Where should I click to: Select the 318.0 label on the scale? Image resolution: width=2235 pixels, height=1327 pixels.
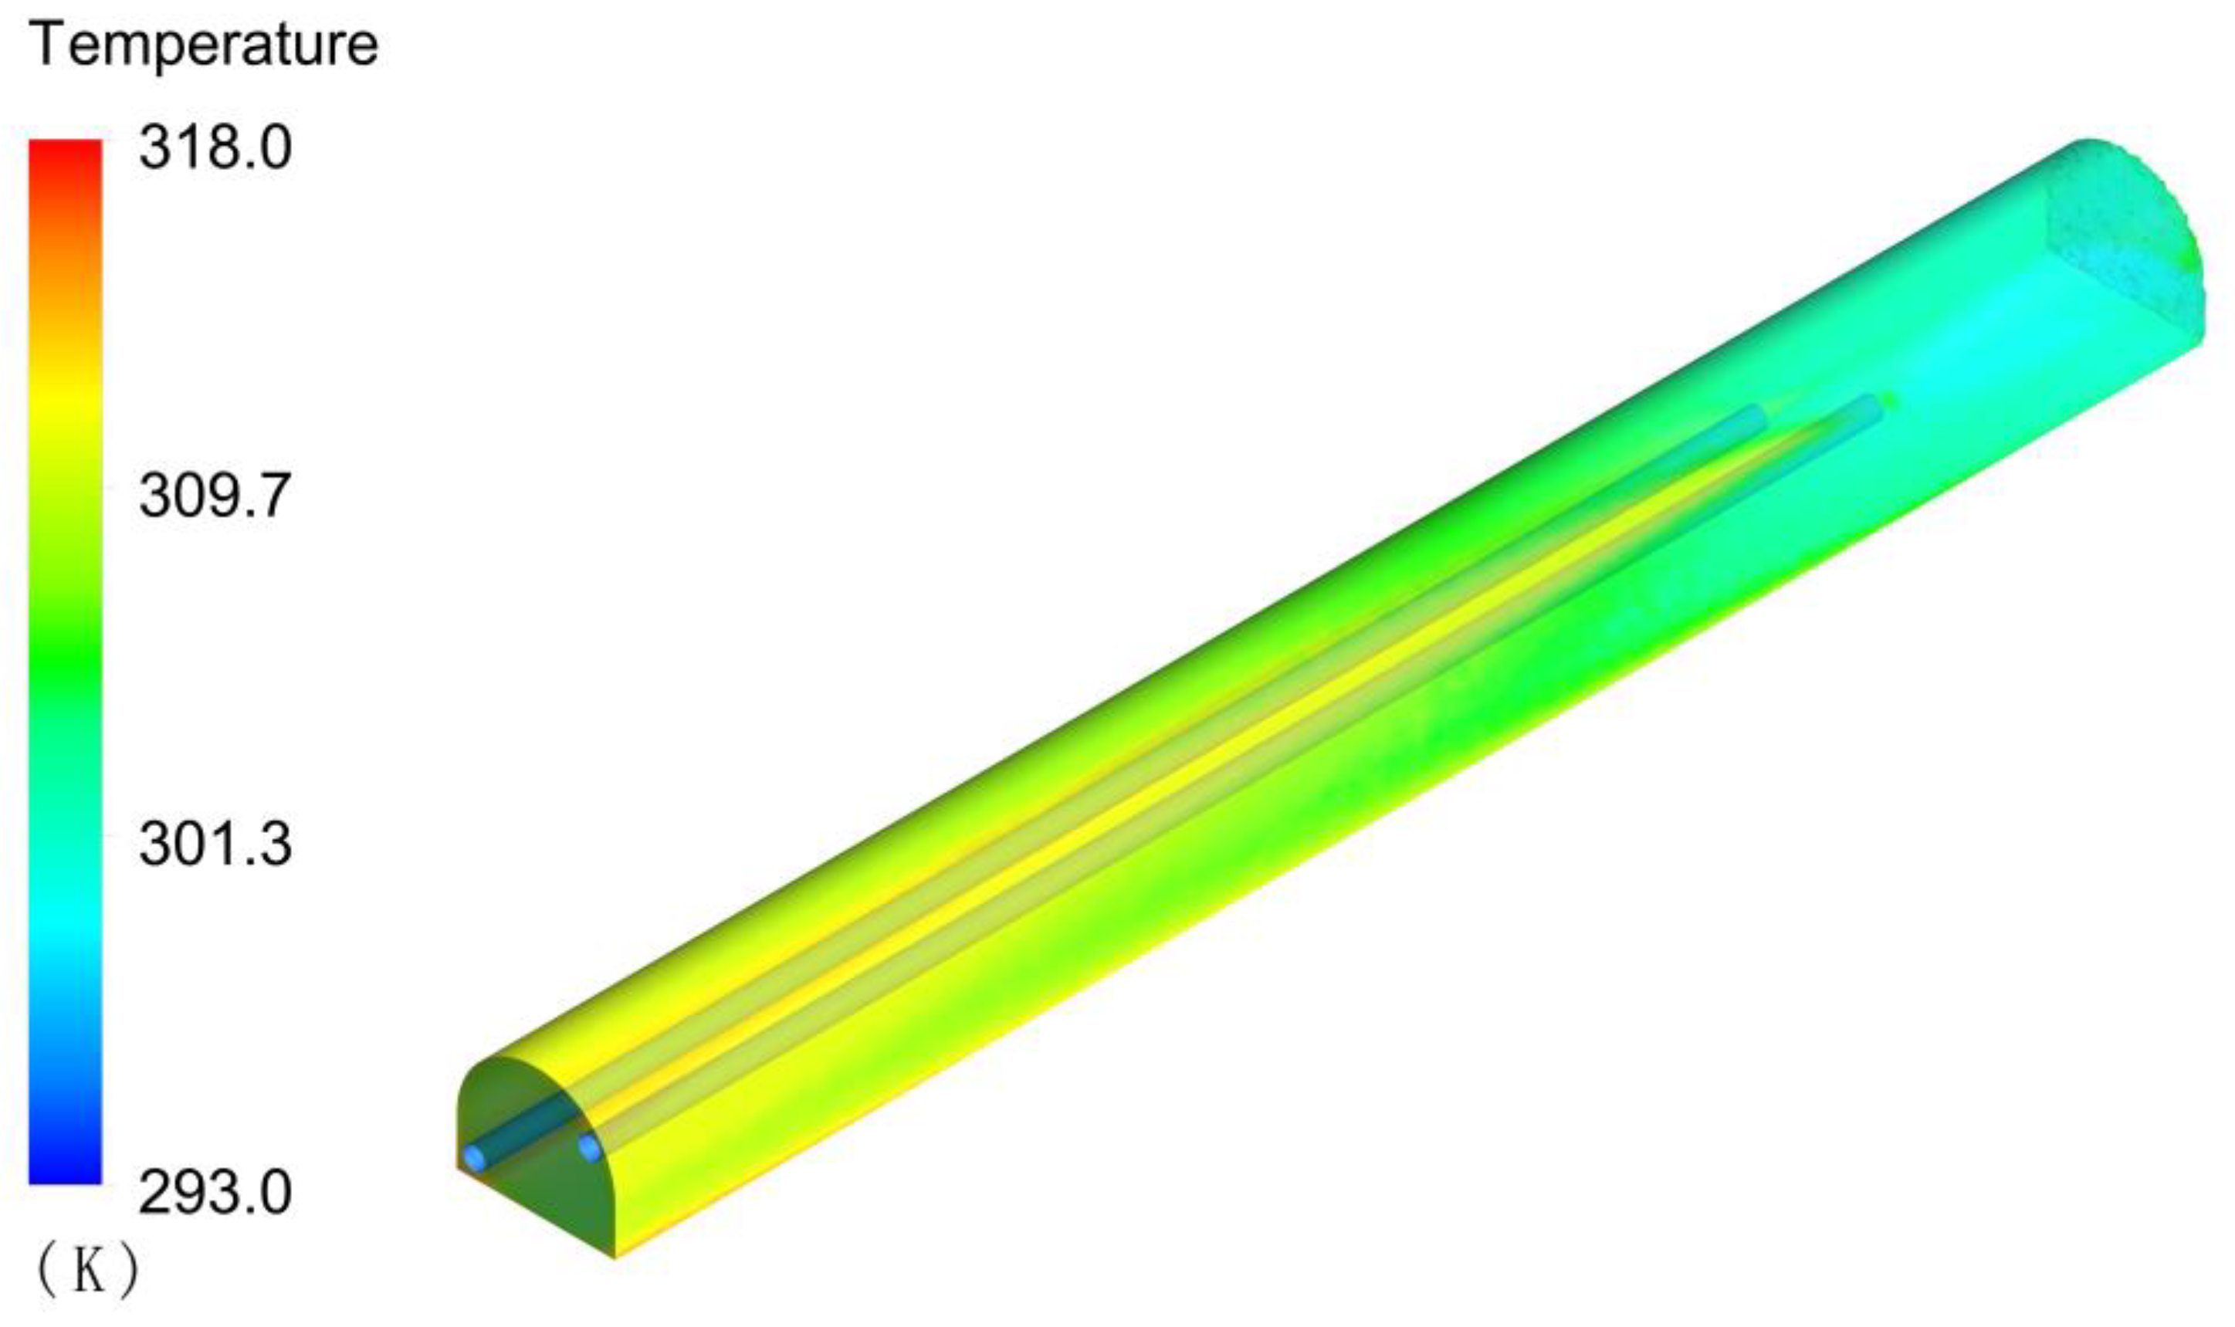tap(215, 147)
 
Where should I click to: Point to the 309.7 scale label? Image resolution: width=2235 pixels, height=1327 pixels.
tap(215, 496)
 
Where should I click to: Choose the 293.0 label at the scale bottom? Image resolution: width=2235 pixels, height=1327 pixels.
tap(215, 1193)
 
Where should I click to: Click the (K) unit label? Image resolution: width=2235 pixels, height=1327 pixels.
tap(86, 1271)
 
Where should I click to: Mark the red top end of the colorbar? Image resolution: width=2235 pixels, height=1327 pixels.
tap(66, 152)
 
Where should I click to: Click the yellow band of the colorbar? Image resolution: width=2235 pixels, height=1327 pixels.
tap(66, 402)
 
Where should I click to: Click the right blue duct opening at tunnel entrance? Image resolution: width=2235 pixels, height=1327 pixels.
tap(588, 1147)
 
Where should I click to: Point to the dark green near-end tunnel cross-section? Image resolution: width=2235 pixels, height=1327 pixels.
tap(537, 1198)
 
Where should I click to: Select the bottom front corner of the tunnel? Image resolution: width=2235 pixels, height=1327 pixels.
tap(615, 1256)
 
